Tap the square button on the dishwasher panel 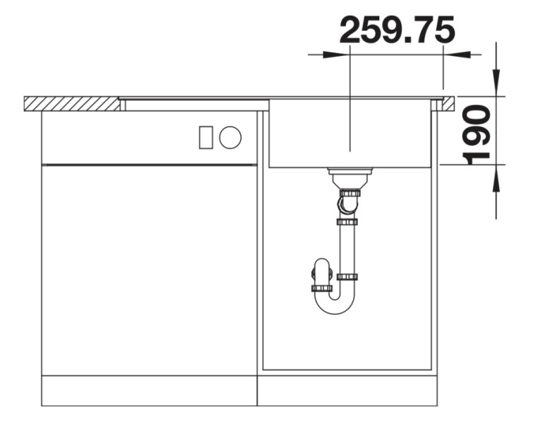pyautogui.click(x=205, y=137)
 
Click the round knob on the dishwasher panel pyautogui.click(x=230, y=137)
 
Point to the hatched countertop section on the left pyautogui.click(x=71, y=104)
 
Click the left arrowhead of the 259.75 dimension pyautogui.click(x=333, y=54)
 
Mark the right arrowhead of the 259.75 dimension pyautogui.click(x=460, y=54)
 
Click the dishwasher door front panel pyautogui.click(x=148, y=268)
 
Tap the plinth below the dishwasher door pyautogui.click(x=148, y=391)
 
